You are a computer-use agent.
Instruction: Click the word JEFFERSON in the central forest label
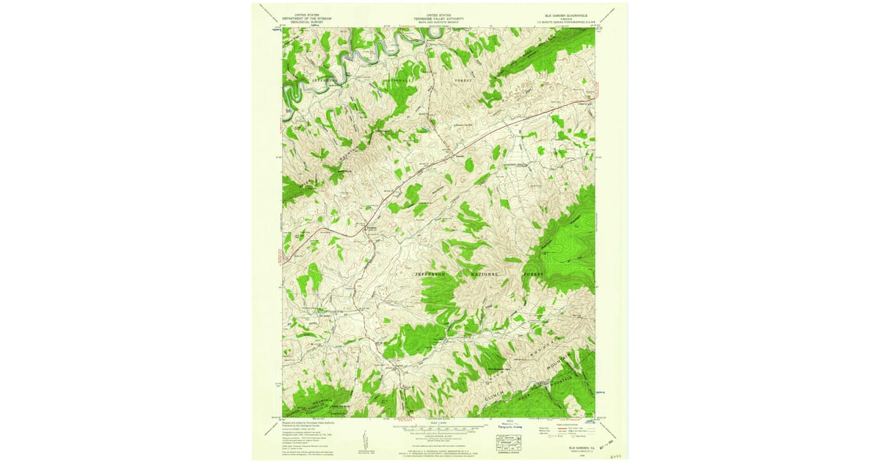(x=431, y=274)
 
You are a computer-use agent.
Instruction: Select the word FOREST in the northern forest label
(x=462, y=79)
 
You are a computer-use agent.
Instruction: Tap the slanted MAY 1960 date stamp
(x=603, y=447)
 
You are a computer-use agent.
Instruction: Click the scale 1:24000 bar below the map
(x=438, y=426)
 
